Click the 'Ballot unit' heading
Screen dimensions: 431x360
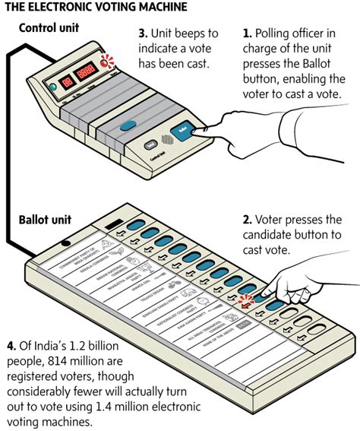click(45, 220)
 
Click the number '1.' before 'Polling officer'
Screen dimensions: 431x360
click(248, 35)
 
